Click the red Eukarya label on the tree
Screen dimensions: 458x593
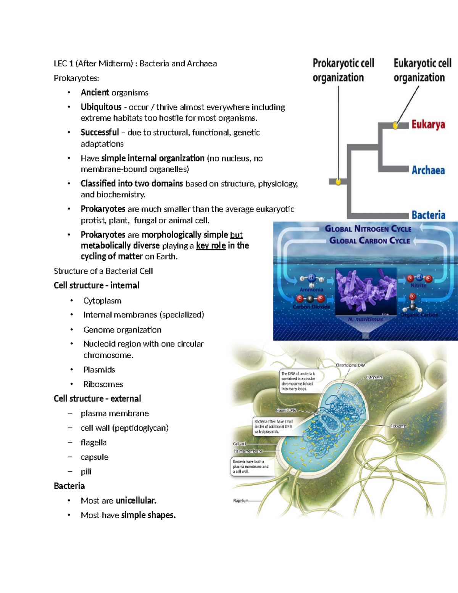(428, 124)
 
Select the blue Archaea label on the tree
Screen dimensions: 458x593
(428, 170)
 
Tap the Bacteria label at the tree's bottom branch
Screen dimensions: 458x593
(428, 215)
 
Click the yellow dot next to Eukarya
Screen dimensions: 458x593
(396, 125)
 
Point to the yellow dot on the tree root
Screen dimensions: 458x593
(338, 182)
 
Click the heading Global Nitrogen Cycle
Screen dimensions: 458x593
(368, 229)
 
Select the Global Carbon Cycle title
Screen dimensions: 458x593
(369, 241)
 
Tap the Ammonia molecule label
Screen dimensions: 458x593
(311, 289)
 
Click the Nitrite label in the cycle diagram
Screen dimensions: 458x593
(418, 285)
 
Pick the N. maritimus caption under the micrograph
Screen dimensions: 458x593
(365, 319)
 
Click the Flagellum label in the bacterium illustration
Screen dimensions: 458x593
(240, 501)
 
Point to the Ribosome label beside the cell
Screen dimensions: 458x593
(398, 426)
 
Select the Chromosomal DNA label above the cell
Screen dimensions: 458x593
(350, 365)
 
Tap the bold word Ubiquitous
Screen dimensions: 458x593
(101, 107)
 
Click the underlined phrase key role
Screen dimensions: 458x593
(211, 246)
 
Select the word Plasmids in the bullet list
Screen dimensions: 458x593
(99, 370)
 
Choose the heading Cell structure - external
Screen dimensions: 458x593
(97, 399)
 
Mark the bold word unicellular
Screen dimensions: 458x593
(136, 501)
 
